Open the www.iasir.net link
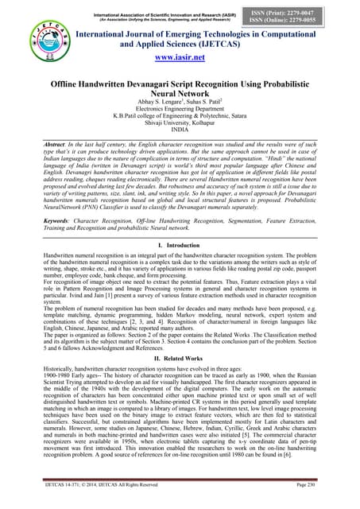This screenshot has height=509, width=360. (179, 58)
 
